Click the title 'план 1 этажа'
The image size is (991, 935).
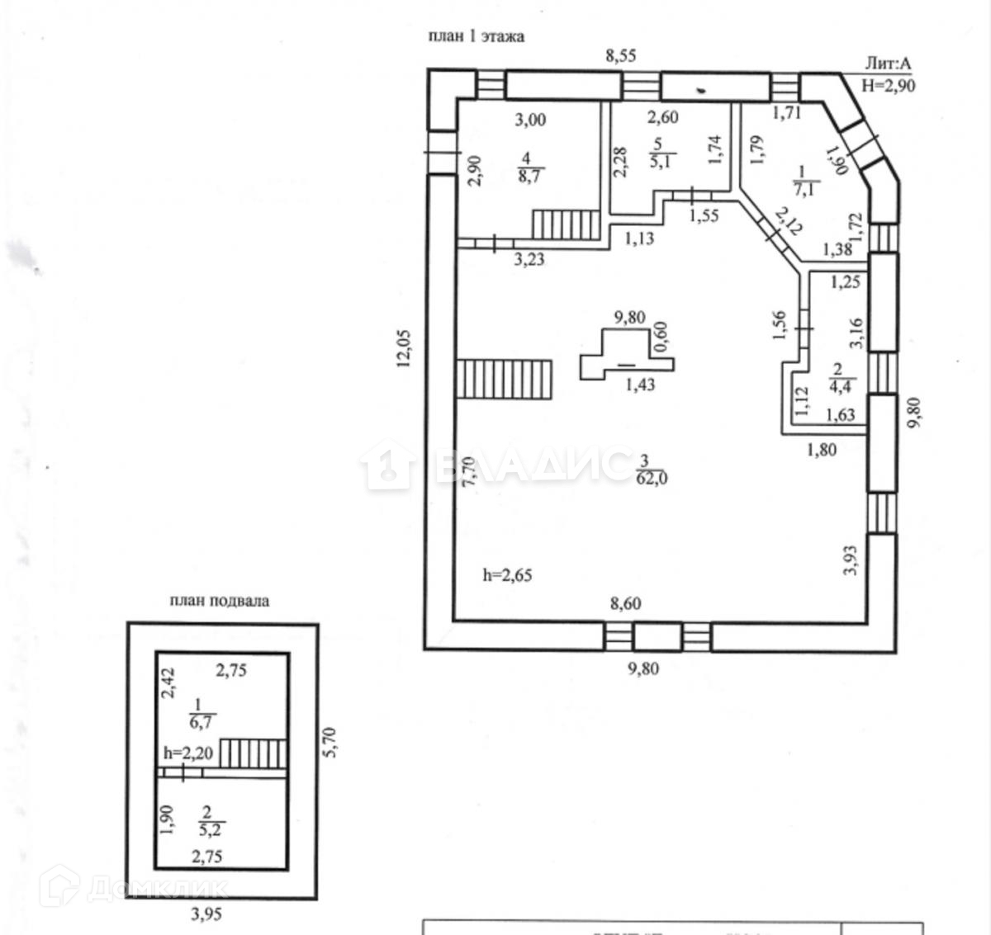(476, 36)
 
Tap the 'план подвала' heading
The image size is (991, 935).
(219, 601)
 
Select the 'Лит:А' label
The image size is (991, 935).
(888, 64)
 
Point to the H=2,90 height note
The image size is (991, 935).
(889, 84)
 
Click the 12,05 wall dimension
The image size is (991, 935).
(405, 346)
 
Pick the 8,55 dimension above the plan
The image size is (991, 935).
(621, 56)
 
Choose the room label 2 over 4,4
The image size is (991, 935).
(837, 376)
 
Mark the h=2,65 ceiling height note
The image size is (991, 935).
(506, 575)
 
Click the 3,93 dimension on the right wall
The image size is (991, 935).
(855, 561)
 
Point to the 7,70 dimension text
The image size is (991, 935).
(469, 475)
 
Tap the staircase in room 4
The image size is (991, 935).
(566, 224)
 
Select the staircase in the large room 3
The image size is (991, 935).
(504, 379)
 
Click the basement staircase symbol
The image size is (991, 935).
(254, 752)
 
